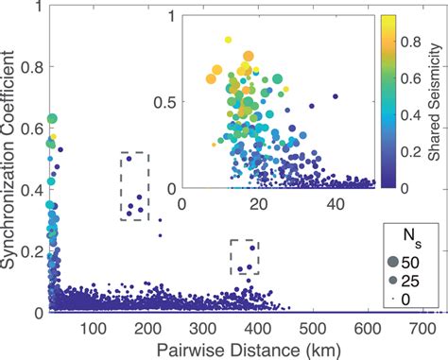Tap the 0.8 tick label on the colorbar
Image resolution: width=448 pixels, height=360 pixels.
[x=402, y=43]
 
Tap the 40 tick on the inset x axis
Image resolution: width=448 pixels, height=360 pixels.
[x=336, y=201]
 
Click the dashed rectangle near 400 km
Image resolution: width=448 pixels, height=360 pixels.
[x=245, y=257]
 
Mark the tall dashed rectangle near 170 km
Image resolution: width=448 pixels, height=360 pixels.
[x=134, y=186]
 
